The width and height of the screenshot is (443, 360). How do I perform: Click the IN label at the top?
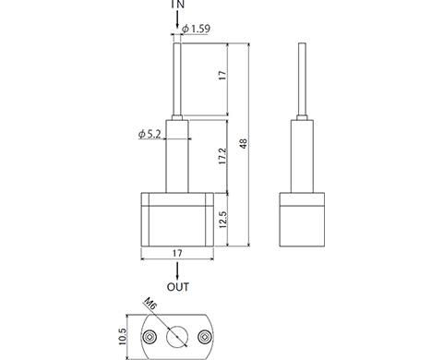click(177, 5)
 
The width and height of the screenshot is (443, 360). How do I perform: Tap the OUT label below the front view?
click(177, 286)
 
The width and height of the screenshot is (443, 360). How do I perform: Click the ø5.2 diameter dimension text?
click(150, 135)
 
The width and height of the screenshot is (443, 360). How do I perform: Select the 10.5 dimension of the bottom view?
click(122, 334)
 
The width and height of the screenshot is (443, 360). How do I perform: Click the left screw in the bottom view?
click(149, 336)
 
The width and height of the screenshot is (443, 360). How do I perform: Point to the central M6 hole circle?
click(177, 336)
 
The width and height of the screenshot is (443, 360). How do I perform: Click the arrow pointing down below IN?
click(177, 20)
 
